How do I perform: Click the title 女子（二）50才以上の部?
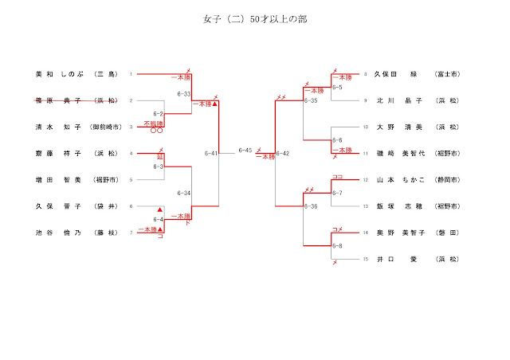[255, 19]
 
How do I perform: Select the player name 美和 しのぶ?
[59, 74]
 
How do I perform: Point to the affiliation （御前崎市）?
[106, 127]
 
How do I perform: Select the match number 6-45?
[245, 151]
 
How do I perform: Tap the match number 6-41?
[211, 153]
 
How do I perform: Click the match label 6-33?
[183, 94]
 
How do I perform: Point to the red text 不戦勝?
[153, 123]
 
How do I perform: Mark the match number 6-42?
[283, 153]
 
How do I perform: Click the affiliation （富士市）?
[446, 74]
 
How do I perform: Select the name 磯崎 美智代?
[401, 153]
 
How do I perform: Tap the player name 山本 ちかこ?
[401, 180]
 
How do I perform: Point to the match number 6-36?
[311, 206]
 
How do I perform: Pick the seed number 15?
[366, 259]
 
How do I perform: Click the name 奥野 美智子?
[401, 233]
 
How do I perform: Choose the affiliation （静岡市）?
[446, 180]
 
